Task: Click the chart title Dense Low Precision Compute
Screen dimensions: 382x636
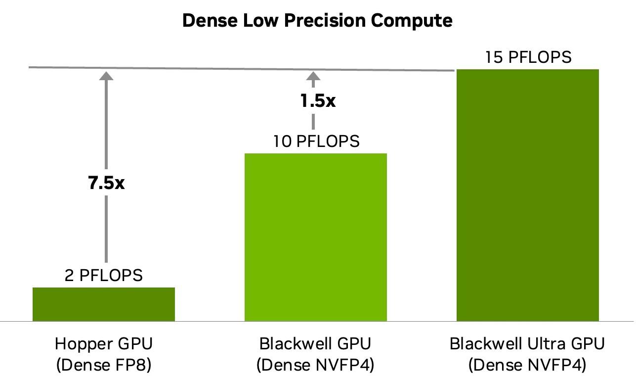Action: (x=317, y=21)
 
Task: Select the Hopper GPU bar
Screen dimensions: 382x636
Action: (x=104, y=304)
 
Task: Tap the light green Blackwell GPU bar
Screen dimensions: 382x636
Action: (x=316, y=237)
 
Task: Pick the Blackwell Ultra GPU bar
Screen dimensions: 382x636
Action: (x=528, y=195)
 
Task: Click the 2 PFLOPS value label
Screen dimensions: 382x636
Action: (x=104, y=275)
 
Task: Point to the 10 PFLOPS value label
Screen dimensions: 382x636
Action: (x=316, y=142)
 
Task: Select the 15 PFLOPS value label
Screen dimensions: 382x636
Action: (x=528, y=57)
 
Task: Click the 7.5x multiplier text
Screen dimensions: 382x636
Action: (x=106, y=183)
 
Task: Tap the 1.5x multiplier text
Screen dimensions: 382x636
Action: (x=318, y=101)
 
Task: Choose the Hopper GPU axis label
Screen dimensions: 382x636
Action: (x=104, y=343)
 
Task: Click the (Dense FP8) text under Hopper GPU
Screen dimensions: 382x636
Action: (x=104, y=365)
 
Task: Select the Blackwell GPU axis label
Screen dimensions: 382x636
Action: (x=315, y=343)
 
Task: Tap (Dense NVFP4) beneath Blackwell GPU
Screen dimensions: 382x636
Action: (x=315, y=365)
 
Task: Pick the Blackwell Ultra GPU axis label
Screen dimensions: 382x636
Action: (x=527, y=343)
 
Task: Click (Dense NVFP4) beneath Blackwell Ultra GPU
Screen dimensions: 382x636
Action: (x=527, y=365)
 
